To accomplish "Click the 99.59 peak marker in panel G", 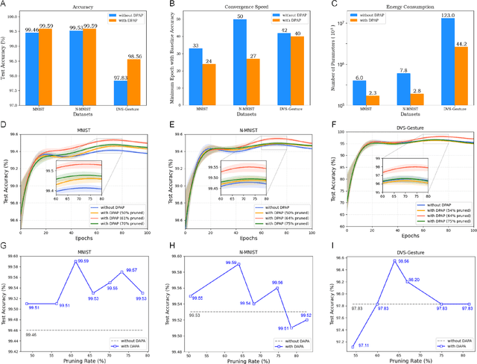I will (76, 263).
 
